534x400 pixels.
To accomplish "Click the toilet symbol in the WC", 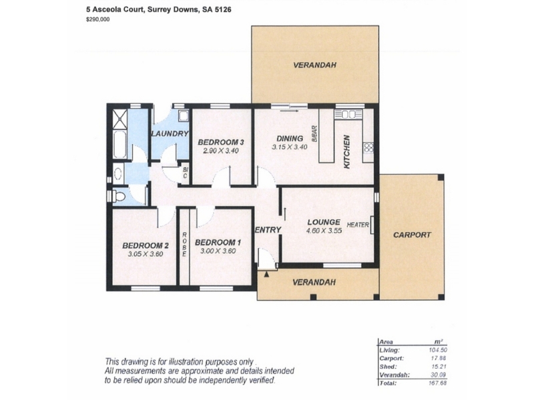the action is click(119, 197).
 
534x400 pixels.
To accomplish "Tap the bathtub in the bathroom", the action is click(120, 144).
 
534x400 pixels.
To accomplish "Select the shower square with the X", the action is click(120, 119).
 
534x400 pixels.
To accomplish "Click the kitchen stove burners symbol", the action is click(369, 147).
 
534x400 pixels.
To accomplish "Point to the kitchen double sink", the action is click(348, 114).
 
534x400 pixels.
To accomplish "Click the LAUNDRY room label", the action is click(170, 134).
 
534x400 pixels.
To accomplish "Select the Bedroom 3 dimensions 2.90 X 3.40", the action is click(221, 151).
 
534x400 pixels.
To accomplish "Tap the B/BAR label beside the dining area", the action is click(314, 134).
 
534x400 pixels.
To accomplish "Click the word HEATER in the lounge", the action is click(358, 225).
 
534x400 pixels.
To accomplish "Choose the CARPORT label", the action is click(412, 235).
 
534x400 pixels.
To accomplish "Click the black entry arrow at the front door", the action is click(266, 274).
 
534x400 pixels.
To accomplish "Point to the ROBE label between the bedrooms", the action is click(184, 245).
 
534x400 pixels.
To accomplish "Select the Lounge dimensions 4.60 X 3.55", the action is click(324, 231).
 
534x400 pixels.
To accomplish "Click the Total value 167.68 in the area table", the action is click(438, 383).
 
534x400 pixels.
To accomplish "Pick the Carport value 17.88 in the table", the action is click(439, 358).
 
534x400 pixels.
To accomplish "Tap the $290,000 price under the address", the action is click(98, 19).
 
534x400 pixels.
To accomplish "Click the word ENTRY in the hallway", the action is click(268, 230).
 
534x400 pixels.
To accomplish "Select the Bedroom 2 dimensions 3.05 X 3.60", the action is click(146, 254).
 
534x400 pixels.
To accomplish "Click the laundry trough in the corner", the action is click(184, 116).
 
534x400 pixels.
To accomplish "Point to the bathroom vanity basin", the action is click(118, 173).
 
